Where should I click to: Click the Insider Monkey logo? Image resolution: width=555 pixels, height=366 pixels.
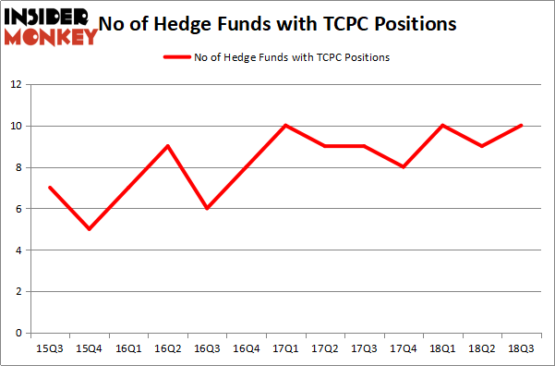pyautogui.click(x=51, y=26)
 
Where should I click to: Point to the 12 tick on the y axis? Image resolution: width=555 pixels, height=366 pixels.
pyautogui.click(x=16, y=85)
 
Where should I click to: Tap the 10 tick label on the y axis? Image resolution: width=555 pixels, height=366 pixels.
pyautogui.click(x=16, y=127)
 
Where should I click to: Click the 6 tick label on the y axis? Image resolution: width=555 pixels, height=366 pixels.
pyautogui.click(x=18, y=209)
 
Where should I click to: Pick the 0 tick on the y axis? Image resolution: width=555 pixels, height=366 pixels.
pyautogui.click(x=18, y=334)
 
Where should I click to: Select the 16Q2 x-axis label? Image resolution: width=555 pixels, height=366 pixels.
pyautogui.click(x=167, y=348)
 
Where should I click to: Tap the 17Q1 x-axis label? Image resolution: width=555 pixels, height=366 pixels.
pyautogui.click(x=285, y=348)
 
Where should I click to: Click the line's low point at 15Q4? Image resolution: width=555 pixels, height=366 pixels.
pyautogui.click(x=89, y=229)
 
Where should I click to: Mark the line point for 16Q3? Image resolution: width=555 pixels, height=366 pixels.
pyautogui.click(x=207, y=208)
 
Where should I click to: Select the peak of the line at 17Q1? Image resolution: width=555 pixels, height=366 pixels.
pyautogui.click(x=285, y=126)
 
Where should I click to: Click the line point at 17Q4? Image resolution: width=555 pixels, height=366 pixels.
pyautogui.click(x=404, y=167)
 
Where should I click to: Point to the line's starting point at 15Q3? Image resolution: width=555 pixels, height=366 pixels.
pyautogui.click(x=49, y=188)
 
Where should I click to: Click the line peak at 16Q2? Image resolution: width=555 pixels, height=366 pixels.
pyautogui.click(x=167, y=146)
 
